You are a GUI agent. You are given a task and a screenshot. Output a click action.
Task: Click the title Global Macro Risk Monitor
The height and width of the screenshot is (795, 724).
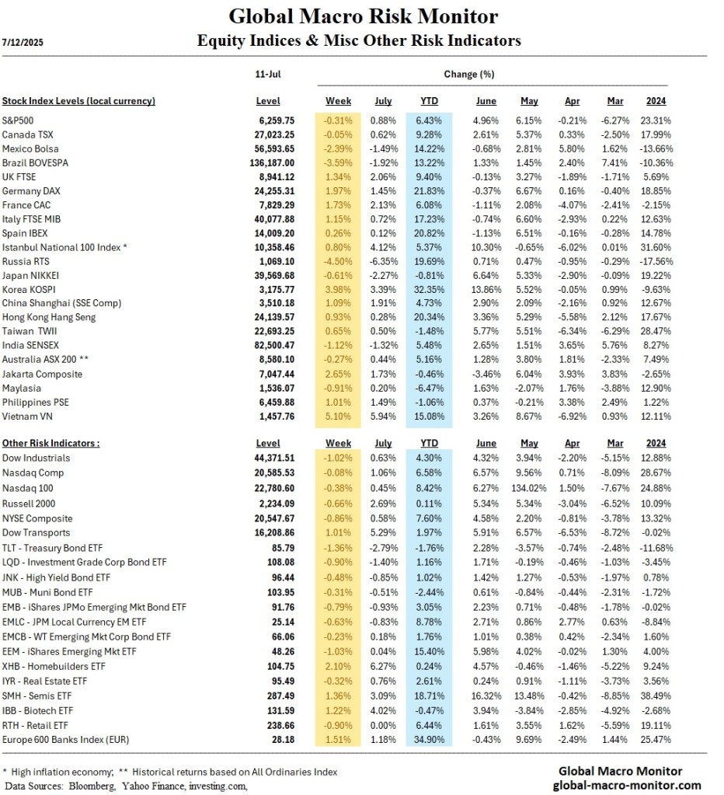[364, 16]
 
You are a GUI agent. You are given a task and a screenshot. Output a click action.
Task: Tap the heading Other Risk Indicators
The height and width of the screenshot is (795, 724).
[51, 443]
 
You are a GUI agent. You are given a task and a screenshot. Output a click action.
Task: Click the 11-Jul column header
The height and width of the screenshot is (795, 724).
[268, 75]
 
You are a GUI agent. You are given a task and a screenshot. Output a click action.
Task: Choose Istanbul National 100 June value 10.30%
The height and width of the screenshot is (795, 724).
[488, 247]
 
